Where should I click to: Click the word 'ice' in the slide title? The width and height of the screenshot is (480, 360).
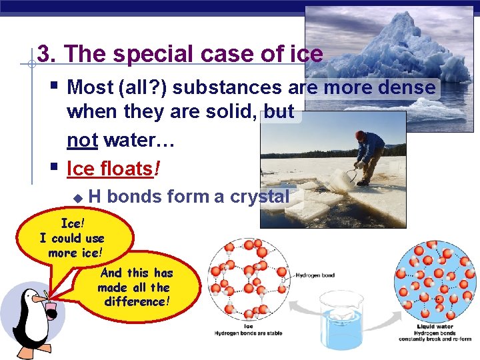tap(305, 54)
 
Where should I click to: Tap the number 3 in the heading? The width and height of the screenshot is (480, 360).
tap(44, 54)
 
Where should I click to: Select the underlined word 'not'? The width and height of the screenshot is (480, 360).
tap(81, 140)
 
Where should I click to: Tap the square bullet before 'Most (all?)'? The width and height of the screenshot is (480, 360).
tap(55, 86)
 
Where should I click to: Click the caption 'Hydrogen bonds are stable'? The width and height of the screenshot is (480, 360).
tap(249, 333)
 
